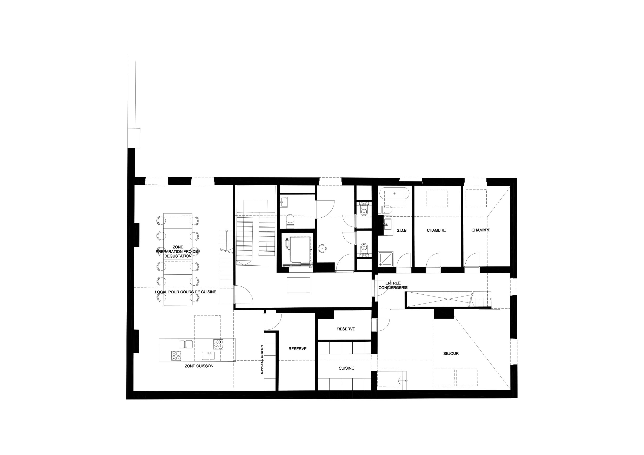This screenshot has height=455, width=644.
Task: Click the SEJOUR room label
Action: pyautogui.click(x=451, y=354)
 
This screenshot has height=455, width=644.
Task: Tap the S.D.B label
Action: pyautogui.click(x=402, y=230)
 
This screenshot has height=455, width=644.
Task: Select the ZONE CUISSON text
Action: pyautogui.click(x=199, y=366)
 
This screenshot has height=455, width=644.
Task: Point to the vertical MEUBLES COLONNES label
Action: pyautogui.click(x=262, y=359)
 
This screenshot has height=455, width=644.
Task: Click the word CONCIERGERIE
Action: pyautogui.click(x=393, y=287)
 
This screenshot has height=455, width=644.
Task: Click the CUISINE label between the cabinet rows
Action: pyautogui.click(x=346, y=368)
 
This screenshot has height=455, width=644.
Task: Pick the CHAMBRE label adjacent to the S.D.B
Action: pyautogui.click(x=436, y=230)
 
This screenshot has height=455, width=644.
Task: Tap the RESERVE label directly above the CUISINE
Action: pyautogui.click(x=346, y=329)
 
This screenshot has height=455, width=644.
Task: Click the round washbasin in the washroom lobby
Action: pyautogui.click(x=323, y=248)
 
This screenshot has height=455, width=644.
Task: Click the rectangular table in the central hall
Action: pyautogui.click(x=298, y=285)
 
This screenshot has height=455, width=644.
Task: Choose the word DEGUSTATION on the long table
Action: pyautogui.click(x=178, y=256)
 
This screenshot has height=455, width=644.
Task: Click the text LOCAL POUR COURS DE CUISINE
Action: pyautogui.click(x=186, y=292)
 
